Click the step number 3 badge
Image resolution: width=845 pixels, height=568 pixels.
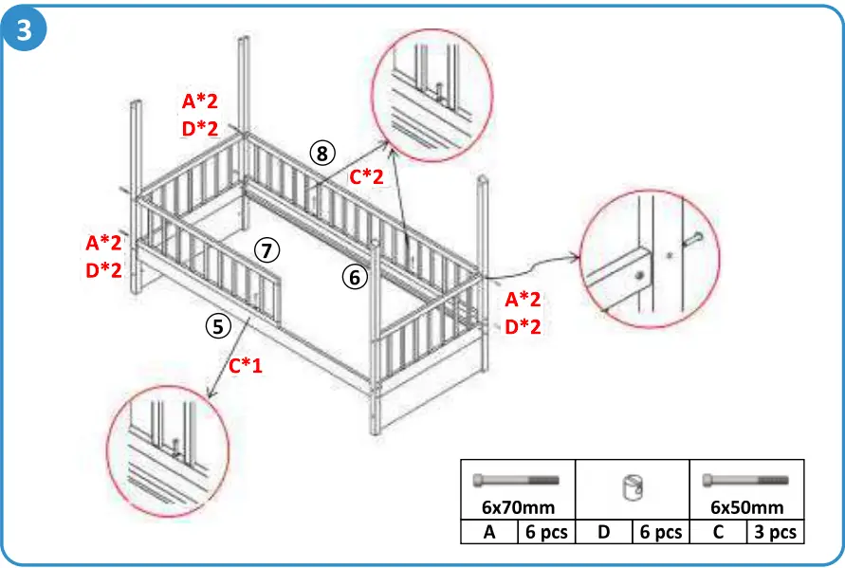[x=25, y=29]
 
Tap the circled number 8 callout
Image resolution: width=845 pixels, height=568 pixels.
[x=322, y=152]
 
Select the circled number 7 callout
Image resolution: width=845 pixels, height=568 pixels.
[x=267, y=250]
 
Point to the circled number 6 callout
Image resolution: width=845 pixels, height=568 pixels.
[x=353, y=278]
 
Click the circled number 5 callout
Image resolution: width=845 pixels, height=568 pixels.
[x=217, y=327]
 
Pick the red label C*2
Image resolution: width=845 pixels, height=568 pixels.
[x=366, y=176]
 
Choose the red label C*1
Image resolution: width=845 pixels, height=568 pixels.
[x=246, y=364]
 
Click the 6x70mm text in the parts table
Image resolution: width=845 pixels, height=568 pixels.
[x=517, y=507]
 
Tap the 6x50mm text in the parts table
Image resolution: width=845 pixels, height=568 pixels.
[x=746, y=507]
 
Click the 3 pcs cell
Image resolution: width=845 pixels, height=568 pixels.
[x=775, y=532]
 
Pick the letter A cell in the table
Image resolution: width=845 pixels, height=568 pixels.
[x=489, y=532]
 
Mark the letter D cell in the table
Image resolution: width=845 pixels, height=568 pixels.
[x=603, y=532]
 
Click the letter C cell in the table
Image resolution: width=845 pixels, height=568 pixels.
[x=718, y=532]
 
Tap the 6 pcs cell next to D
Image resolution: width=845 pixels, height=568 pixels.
[x=661, y=532]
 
